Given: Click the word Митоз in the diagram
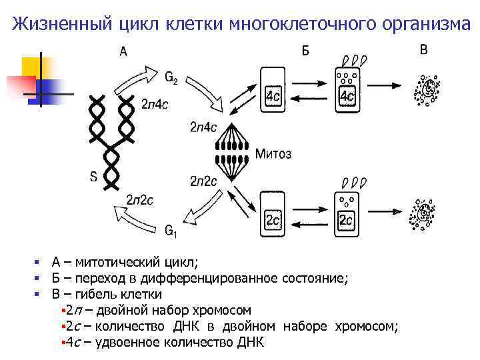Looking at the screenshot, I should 273,154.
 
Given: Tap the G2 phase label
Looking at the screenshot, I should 171,77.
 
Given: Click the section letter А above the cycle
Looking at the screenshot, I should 123,51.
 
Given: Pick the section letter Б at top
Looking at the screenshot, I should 306,51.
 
